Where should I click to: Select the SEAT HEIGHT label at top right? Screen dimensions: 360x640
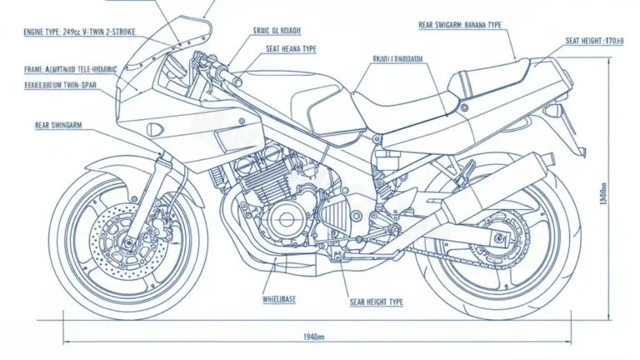pos(594,40)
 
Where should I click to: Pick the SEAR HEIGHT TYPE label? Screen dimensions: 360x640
pos(375,302)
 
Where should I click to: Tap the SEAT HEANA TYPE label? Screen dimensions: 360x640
pos(291,49)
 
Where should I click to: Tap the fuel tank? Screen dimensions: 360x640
pos(312,104)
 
